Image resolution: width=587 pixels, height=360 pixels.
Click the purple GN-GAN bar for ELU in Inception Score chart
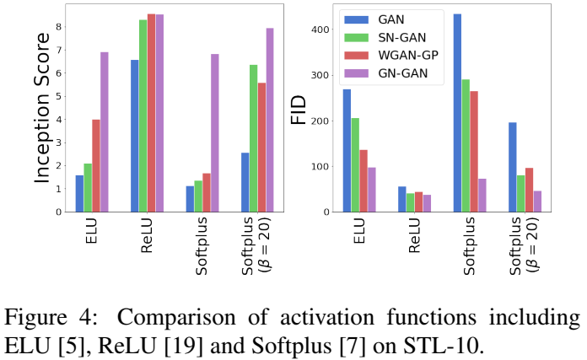pyautogui.click(x=105, y=132)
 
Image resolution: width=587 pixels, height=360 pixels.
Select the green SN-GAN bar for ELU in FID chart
pyautogui.click(x=355, y=165)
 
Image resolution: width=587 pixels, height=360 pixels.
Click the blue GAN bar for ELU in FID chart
pyautogui.click(x=347, y=151)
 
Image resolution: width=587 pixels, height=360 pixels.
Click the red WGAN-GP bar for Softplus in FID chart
pyautogui.click(x=474, y=152)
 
